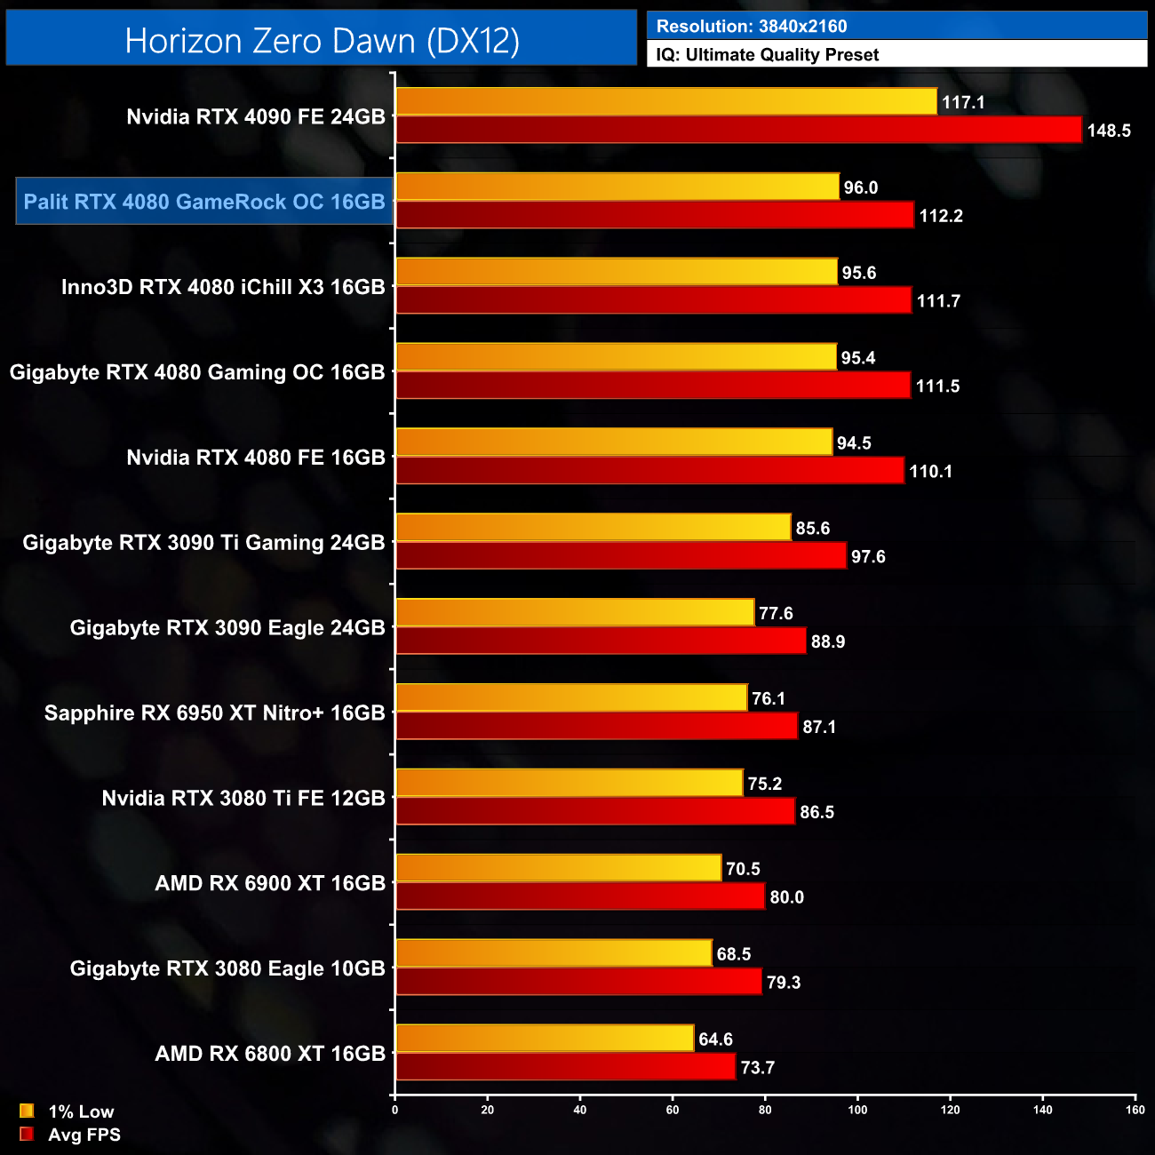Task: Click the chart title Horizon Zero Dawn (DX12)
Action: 322,41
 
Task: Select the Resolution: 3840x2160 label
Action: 752,27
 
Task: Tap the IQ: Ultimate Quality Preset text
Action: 768,55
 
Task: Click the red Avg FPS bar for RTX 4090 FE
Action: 738,130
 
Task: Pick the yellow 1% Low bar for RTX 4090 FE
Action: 665,101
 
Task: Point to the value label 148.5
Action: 1108,131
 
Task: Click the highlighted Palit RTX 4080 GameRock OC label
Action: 204,202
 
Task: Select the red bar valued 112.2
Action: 654,215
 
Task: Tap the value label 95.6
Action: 859,273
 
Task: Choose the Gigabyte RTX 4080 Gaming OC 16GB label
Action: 197,372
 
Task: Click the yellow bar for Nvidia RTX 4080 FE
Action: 614,442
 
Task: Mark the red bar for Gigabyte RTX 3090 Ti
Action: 620,556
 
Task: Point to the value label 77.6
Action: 776,614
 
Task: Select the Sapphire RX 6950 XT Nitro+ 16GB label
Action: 215,713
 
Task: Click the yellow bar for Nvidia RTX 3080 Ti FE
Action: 569,783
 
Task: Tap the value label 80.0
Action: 786,897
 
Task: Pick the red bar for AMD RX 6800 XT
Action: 565,1067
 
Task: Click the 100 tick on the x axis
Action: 857,1110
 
